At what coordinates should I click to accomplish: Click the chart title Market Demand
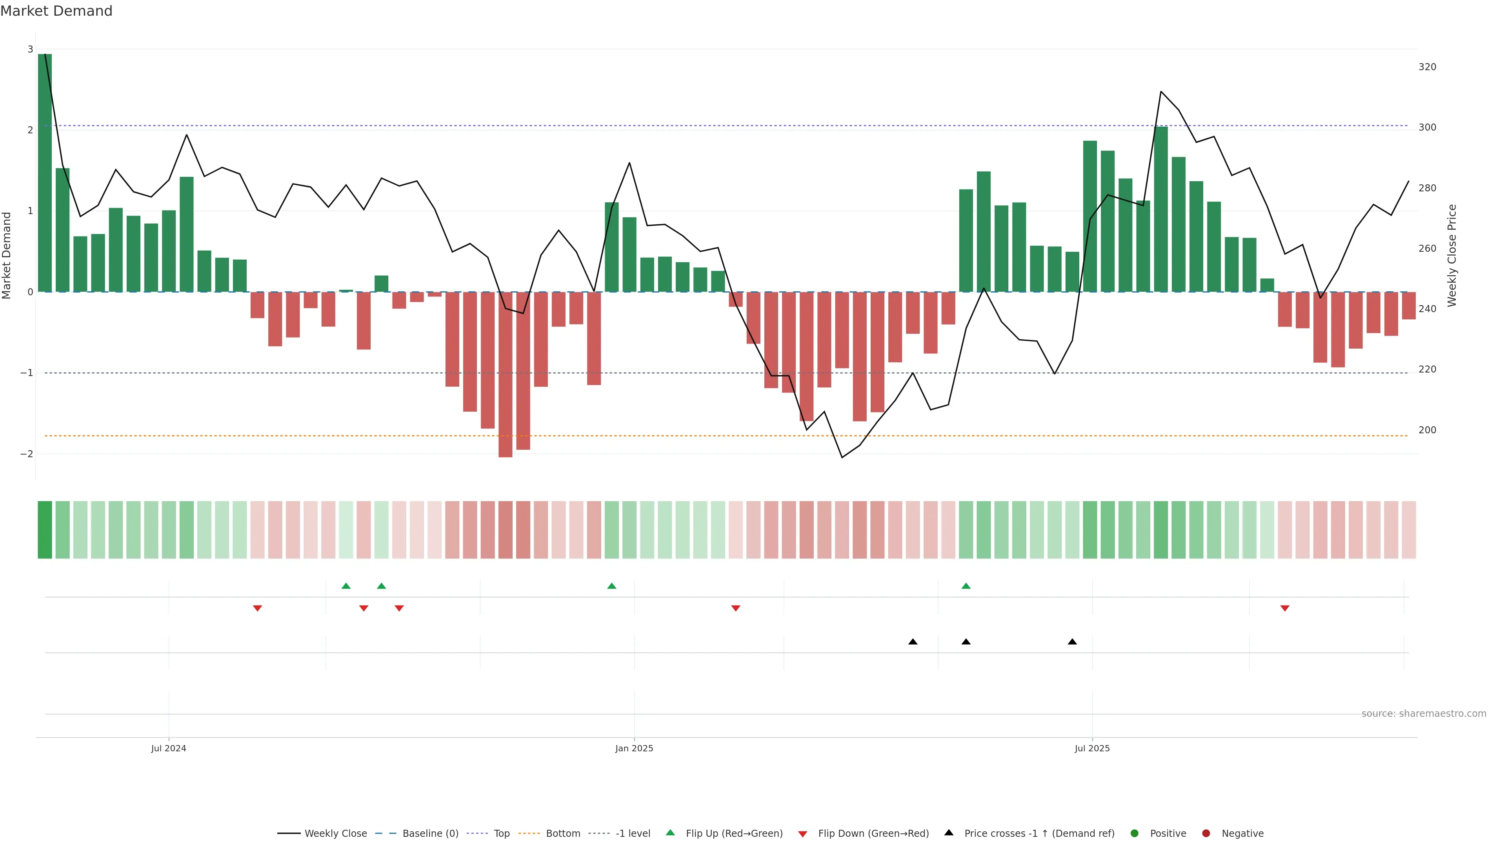pyautogui.click(x=56, y=11)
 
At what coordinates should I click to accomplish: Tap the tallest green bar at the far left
pyautogui.click(x=45, y=173)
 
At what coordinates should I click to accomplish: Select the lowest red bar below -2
pyautogui.click(x=505, y=374)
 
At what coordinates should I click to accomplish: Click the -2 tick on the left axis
pyautogui.click(x=27, y=454)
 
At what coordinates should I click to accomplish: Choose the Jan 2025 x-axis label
pyautogui.click(x=634, y=748)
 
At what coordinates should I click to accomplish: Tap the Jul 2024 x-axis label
pyautogui.click(x=168, y=748)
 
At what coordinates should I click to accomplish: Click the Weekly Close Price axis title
pyautogui.click(x=1452, y=255)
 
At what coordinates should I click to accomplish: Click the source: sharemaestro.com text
pyautogui.click(x=1424, y=714)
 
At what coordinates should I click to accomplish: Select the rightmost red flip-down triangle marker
pyautogui.click(x=1284, y=609)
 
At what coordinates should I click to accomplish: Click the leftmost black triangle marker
pyautogui.click(x=913, y=642)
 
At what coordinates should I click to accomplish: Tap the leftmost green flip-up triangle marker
pyautogui.click(x=346, y=586)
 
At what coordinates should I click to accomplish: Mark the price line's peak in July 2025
pyautogui.click(x=1160, y=92)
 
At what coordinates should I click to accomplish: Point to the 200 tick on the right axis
pyautogui.click(x=1427, y=430)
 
